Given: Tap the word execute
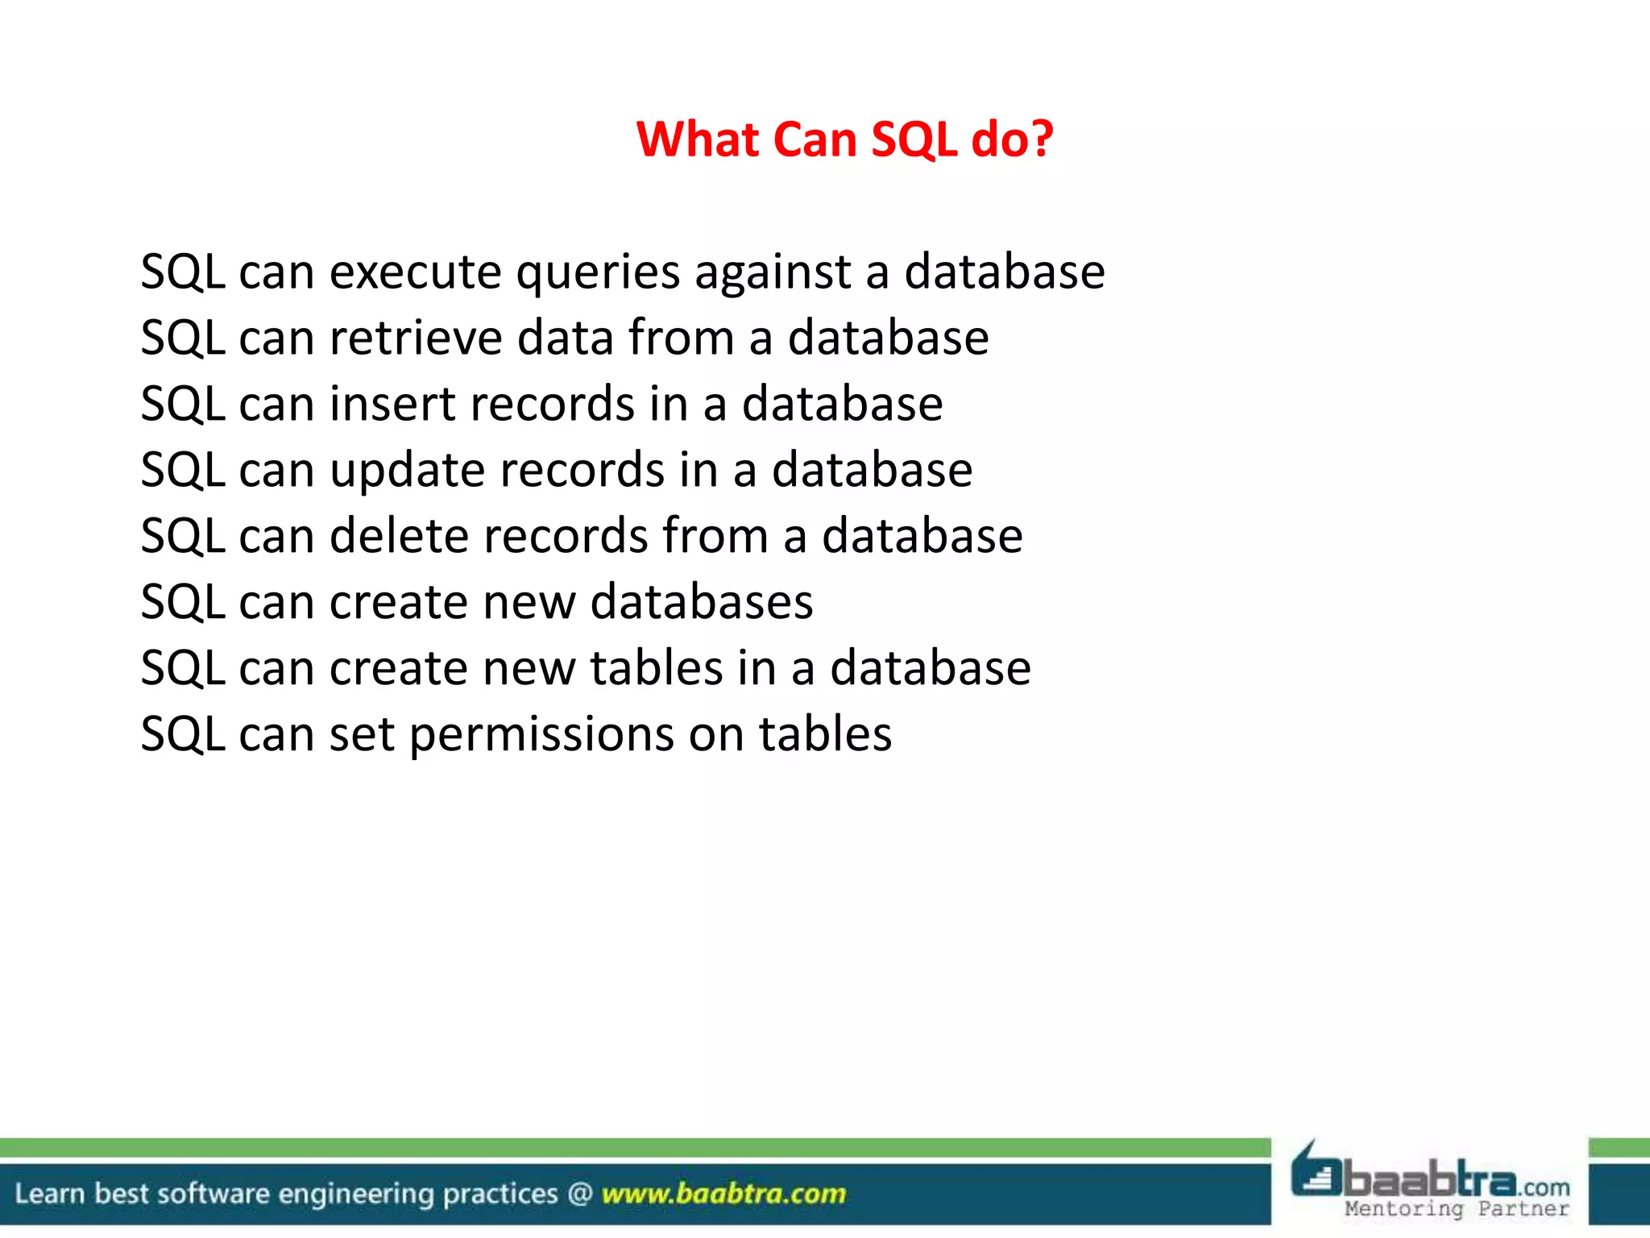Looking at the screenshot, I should coord(416,272).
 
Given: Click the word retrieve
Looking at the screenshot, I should coord(416,338).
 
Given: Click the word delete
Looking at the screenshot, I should coord(408,536).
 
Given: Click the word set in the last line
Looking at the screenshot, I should coord(362,736).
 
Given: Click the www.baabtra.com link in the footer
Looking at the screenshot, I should coord(723,1194).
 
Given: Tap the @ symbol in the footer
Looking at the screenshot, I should coord(580,1194).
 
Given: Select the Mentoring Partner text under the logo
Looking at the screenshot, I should coord(1457,1209).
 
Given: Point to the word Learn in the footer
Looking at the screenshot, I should coord(50,1194).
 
